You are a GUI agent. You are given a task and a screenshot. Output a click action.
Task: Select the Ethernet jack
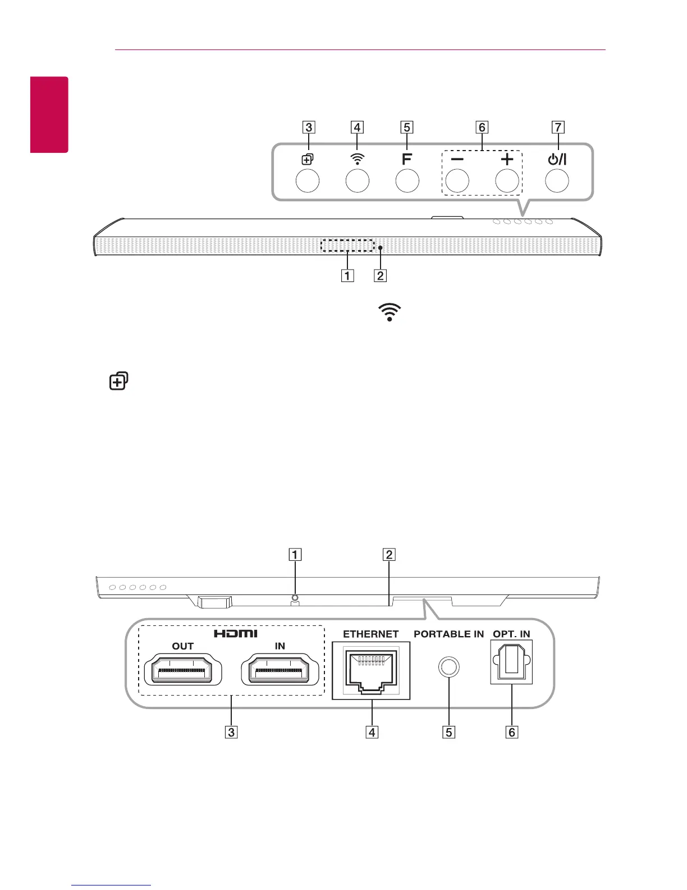tap(370, 671)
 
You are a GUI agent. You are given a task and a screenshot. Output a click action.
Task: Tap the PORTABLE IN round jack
tap(448, 667)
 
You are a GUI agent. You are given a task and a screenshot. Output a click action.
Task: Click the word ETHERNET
tap(370, 634)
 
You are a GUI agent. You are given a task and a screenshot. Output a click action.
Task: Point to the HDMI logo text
tap(236, 633)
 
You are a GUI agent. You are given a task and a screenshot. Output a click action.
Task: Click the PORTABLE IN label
tap(448, 634)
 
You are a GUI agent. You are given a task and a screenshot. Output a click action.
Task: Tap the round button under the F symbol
tap(407, 181)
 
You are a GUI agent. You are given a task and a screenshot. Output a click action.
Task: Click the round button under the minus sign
tap(457, 181)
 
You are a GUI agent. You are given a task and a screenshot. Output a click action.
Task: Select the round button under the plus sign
tap(507, 181)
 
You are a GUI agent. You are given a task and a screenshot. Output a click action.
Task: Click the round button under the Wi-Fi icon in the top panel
tap(358, 181)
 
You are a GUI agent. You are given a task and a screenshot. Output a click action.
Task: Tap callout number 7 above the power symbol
tap(557, 128)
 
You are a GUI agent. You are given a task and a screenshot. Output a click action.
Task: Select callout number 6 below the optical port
tap(511, 732)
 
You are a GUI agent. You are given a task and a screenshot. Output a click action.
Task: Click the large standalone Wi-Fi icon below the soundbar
tap(390, 312)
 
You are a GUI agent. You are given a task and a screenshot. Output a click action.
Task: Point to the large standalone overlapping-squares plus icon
tap(118, 382)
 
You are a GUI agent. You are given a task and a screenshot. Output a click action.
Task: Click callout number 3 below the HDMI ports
tap(231, 732)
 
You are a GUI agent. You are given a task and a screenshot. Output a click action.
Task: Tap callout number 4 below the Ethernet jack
tap(370, 732)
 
